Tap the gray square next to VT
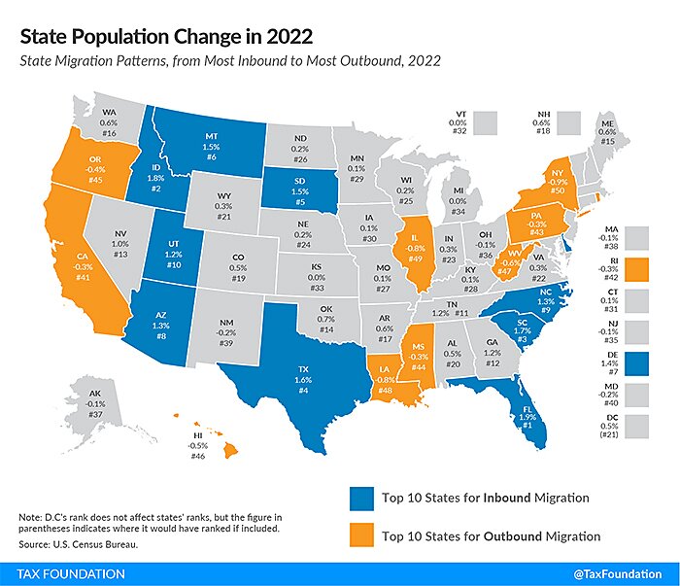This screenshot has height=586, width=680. pyautogui.click(x=486, y=122)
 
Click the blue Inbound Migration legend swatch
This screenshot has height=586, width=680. pyautogui.click(x=360, y=499)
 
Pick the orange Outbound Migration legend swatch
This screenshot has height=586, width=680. pyautogui.click(x=360, y=535)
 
